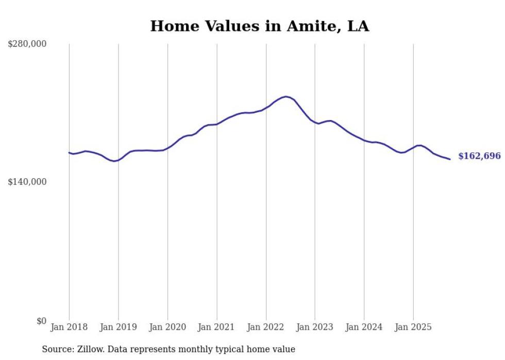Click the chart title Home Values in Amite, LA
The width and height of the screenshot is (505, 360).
point(259,26)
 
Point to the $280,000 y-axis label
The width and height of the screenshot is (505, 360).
point(27,44)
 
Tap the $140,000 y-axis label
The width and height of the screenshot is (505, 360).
point(27,182)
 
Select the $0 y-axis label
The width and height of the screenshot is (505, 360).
point(41,321)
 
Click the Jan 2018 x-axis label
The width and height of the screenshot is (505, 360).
point(69,327)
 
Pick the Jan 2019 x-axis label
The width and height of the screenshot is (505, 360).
point(118,327)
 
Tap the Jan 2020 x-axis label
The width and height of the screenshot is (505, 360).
point(167,327)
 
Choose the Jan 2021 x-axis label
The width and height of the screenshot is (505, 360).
point(216,327)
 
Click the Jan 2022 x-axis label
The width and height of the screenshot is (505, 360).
point(266,327)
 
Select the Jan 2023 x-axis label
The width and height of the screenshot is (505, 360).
point(315,327)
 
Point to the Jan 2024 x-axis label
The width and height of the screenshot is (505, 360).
point(364,327)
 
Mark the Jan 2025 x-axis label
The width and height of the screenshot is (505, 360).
point(413,327)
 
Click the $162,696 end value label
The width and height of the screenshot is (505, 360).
point(479,156)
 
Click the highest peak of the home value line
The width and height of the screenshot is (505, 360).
point(286,96)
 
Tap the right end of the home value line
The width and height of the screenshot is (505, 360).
point(450,159)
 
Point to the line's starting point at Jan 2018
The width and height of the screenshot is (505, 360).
point(69,152)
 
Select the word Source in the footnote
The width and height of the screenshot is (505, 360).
point(55,349)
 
